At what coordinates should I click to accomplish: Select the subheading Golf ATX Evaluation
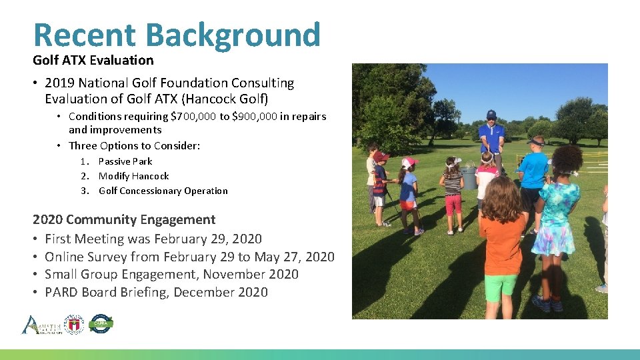(x=93, y=60)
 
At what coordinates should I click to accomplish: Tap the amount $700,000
(x=193, y=116)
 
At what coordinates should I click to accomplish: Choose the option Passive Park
(x=125, y=161)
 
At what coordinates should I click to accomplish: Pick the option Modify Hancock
(x=133, y=176)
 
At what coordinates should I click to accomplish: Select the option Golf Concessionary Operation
(x=163, y=191)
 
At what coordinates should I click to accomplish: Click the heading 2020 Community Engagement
(x=124, y=219)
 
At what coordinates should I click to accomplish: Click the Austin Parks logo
(x=41, y=325)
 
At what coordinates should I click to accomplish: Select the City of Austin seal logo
(x=74, y=324)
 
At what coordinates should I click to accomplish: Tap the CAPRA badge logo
(x=101, y=323)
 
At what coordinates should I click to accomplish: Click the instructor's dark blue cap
(x=491, y=114)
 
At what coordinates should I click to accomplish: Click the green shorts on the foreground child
(x=500, y=285)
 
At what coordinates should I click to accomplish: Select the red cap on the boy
(x=381, y=156)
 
